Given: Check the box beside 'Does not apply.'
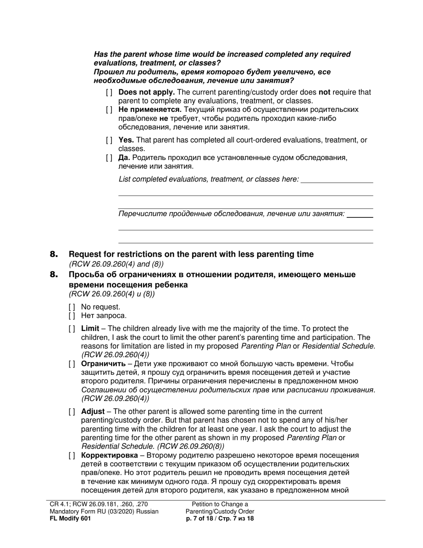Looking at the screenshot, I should pyautogui.click(x=110, y=93).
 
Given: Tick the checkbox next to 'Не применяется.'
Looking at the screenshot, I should pyautogui.click(x=110, y=110).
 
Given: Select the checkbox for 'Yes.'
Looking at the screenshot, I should pyautogui.click(x=110, y=140).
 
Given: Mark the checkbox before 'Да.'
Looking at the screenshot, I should pyautogui.click(x=110, y=158).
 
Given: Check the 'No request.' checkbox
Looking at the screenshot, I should pyautogui.click(x=72, y=307).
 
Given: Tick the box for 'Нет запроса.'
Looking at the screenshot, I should pyautogui.click(x=72, y=316).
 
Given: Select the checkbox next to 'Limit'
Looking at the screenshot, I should pyautogui.click(x=72, y=329).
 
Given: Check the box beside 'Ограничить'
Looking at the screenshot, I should pyautogui.click(x=72, y=364).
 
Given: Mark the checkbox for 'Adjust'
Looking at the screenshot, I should pyautogui.click(x=72, y=412).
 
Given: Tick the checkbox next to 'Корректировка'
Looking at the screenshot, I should pyautogui.click(x=72, y=455).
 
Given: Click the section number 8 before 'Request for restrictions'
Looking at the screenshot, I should pyautogui.click(x=54, y=254).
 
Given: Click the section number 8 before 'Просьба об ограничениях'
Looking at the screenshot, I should pyautogui.click(x=54, y=275).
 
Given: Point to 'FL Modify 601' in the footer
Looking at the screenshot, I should pyautogui.click(x=71, y=519).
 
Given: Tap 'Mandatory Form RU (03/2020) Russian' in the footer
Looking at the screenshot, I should pyautogui.click(x=104, y=511).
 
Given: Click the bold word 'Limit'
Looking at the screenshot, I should pyautogui.click(x=90, y=329).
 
